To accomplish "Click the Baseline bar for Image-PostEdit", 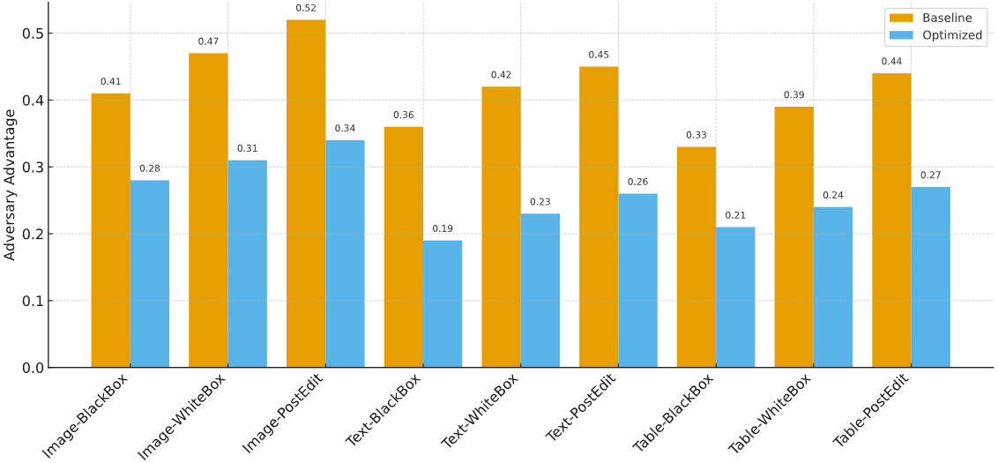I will (306, 194).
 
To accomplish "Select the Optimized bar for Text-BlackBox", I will (443, 304).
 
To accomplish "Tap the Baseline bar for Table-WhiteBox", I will (793, 237).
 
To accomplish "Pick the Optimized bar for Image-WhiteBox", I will (248, 264).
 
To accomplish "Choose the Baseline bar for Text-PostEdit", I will (599, 217).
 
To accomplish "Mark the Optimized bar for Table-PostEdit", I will (931, 277).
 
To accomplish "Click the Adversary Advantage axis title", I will (11, 184).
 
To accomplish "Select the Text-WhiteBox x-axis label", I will (480, 411).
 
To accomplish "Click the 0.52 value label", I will (306, 9).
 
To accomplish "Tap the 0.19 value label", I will (443, 229).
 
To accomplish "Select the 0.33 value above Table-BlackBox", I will (696, 136).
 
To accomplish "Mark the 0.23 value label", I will (540, 203).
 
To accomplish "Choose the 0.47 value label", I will (208, 41).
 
